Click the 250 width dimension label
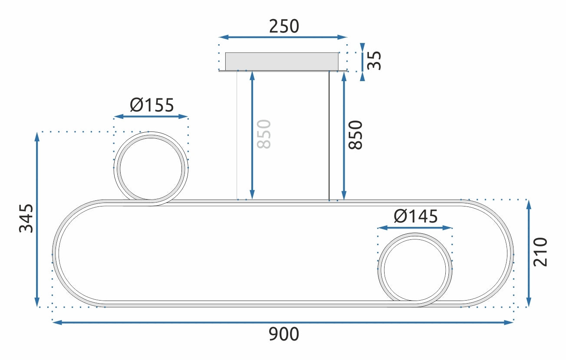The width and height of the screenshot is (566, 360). coord(284,26)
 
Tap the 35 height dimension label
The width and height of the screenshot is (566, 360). coord(374,60)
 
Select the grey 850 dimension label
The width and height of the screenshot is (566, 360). coord(264,134)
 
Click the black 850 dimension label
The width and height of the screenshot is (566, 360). coord(355,135)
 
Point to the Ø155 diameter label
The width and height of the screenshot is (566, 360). coord(151,105)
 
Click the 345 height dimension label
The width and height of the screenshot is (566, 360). coord(26,218)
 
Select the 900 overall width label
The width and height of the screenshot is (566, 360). coord(284,334)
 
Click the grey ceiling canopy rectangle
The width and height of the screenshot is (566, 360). coord(282,61)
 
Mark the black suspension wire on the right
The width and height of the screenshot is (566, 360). coord(329,134)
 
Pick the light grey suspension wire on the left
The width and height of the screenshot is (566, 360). coord(237,134)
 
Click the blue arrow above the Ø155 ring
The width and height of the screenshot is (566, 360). coord(151,117)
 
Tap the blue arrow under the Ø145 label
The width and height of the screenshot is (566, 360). coord(415,227)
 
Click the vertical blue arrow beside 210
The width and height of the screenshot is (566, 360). coord(528,253)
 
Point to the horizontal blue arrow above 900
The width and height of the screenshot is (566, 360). coord(283,322)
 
